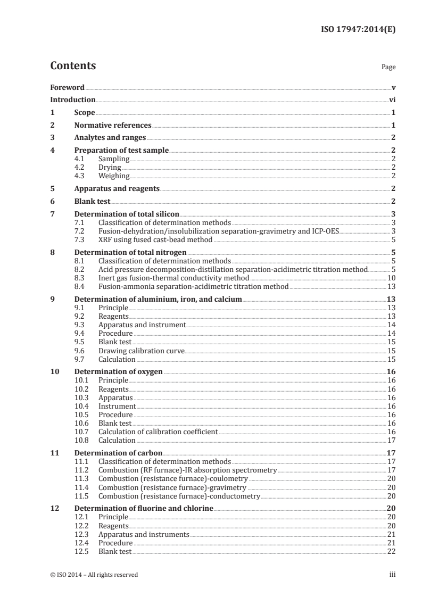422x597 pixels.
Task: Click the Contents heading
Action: [x=73, y=66]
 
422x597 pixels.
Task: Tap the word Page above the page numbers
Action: [x=388, y=68]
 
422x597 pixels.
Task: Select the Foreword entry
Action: [x=67, y=87]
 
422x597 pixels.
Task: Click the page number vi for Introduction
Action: [x=392, y=99]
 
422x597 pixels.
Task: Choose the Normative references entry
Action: [x=113, y=126]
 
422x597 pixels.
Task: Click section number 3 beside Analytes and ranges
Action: [x=52, y=138]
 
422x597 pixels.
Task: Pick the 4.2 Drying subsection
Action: [x=110, y=167]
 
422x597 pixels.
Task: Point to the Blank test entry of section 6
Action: [x=92, y=201]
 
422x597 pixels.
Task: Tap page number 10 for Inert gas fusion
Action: [x=391, y=278]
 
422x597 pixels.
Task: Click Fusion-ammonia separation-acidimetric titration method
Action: [x=193, y=286]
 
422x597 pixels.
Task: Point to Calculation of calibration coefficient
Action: [x=158, y=432]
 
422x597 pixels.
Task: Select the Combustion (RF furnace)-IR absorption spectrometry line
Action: [x=187, y=470]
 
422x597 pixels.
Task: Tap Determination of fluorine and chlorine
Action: [x=143, y=509]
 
